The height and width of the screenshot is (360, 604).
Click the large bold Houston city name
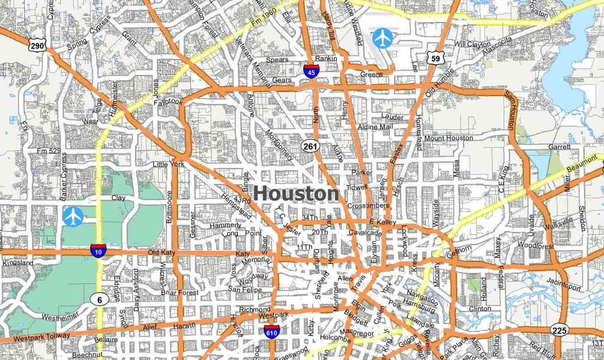click(x=297, y=194)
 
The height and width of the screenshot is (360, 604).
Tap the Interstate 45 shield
click(x=312, y=72)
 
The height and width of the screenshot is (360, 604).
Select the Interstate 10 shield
click(x=99, y=251)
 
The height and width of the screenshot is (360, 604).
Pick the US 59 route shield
click(x=436, y=58)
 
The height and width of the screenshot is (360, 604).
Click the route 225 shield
click(x=559, y=329)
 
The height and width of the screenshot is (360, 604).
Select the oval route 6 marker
click(x=100, y=300)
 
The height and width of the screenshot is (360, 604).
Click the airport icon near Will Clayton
click(x=383, y=38)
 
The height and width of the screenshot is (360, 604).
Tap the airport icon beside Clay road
click(x=73, y=217)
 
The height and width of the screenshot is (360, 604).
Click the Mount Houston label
click(x=448, y=138)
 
